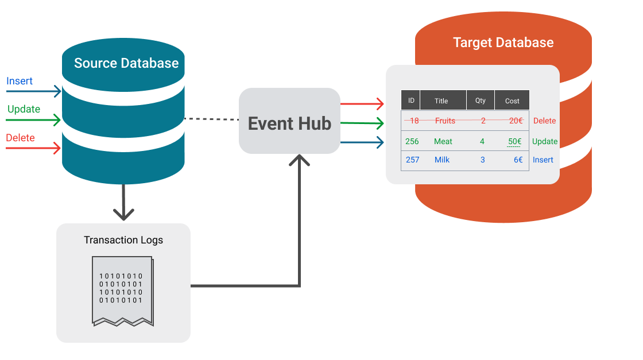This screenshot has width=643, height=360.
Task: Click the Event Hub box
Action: [x=289, y=121]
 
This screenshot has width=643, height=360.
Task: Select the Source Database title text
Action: [x=126, y=63]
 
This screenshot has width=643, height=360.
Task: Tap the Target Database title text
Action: [x=503, y=42]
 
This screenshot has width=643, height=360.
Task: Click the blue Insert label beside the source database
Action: [x=20, y=81]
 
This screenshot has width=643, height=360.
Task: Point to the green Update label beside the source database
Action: [x=24, y=109]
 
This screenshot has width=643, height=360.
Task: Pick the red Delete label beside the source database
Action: [x=20, y=138]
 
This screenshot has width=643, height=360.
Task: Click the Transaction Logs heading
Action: [x=123, y=240]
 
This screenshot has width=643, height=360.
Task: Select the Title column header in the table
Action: [x=441, y=100]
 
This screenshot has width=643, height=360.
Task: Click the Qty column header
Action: [x=480, y=100]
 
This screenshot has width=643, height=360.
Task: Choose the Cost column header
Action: [x=512, y=100]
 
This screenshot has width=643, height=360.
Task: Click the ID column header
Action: [x=411, y=100]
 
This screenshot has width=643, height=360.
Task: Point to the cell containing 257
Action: [x=412, y=160]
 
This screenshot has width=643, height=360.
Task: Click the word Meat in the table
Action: [x=443, y=141]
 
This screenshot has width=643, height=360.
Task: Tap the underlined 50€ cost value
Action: [x=514, y=141]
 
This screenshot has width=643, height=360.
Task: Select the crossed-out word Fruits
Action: [x=445, y=121]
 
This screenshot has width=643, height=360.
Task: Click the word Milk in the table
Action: [x=442, y=160]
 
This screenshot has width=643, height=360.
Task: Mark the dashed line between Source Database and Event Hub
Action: [x=212, y=119]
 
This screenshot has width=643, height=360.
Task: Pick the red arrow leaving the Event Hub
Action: [x=362, y=104]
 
